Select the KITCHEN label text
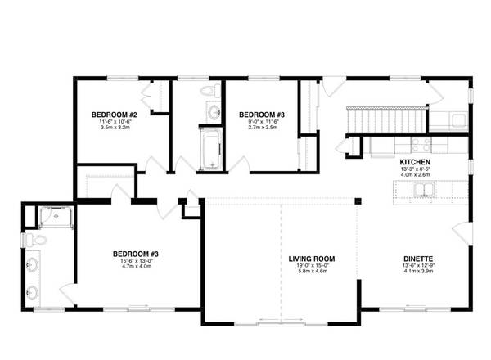[414, 162]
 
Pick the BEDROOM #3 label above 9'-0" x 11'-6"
[260, 114]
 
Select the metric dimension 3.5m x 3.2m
[114, 127]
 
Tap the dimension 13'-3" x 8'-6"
[414, 169]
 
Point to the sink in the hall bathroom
[213, 112]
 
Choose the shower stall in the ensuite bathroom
[56, 218]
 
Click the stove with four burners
[418, 144]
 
